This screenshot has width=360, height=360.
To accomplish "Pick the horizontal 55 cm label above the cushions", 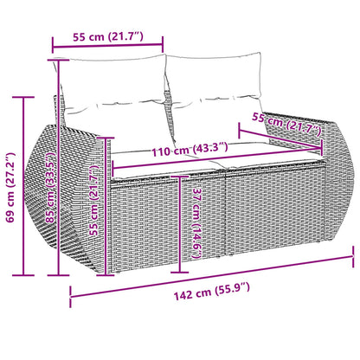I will pos(108,35).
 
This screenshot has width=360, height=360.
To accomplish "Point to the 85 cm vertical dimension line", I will pos(61,164).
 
